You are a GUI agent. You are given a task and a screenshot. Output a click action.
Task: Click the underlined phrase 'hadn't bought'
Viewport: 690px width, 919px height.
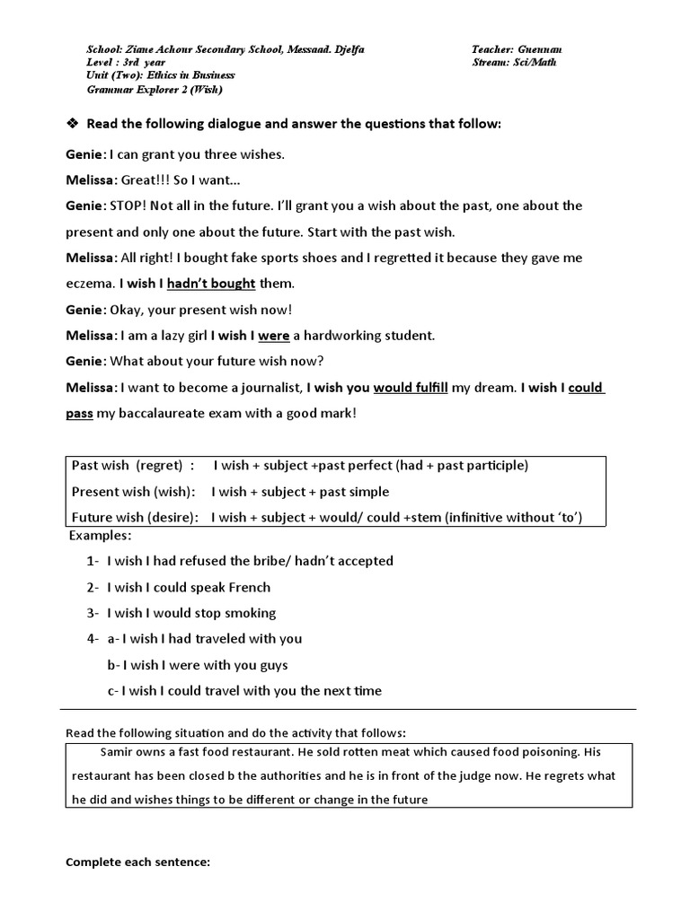click(x=211, y=284)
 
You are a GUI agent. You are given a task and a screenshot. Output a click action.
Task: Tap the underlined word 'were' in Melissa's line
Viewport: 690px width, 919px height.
click(x=273, y=336)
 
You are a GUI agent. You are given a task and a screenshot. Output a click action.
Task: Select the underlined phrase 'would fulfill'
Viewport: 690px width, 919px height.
click(x=410, y=388)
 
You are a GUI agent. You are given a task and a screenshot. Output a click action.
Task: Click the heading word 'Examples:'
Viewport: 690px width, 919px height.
click(x=100, y=535)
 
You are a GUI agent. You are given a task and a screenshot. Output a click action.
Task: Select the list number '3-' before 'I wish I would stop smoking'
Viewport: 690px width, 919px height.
click(x=93, y=613)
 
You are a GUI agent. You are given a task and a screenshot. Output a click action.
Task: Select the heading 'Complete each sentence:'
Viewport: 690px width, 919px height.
click(x=137, y=862)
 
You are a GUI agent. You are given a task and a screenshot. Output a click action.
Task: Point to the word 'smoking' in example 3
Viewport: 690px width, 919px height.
click(x=252, y=613)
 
